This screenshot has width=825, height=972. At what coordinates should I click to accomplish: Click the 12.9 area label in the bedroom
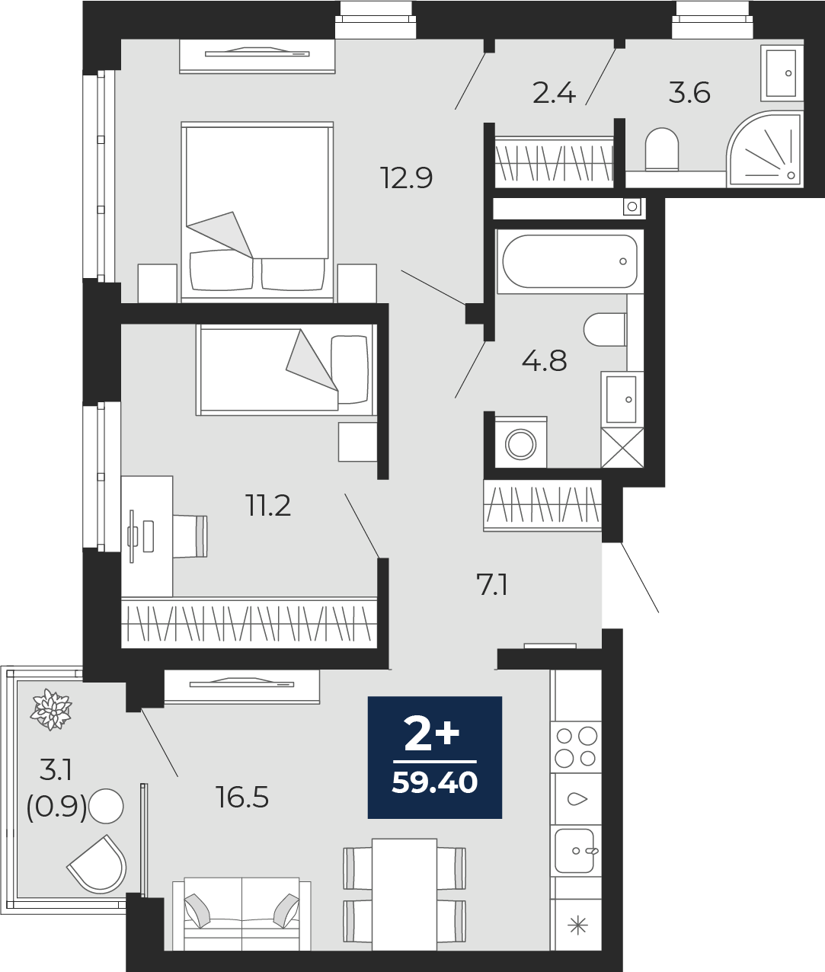coord(407,178)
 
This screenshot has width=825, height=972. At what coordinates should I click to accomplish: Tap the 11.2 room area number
coord(268,506)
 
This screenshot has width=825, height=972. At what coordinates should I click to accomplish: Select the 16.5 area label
coord(243,798)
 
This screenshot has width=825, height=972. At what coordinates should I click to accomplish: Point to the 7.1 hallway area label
coord(492,586)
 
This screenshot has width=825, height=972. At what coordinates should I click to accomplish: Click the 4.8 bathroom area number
coord(544,361)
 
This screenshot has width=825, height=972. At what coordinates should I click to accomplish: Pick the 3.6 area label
coord(689,93)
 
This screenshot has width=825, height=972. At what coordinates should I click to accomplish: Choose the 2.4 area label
coord(554,93)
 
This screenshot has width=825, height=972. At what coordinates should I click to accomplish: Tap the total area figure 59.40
coord(435,783)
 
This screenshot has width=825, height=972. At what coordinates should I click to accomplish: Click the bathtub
coord(570,261)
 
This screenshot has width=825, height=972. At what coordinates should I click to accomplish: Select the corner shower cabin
coord(764,149)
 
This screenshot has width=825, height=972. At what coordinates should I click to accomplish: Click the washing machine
coord(521,443)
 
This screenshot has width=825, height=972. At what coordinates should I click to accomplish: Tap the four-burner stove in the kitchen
coord(576,747)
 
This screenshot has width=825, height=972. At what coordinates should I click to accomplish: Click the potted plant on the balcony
coord(51,710)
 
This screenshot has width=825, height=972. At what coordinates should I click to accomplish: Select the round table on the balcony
coord(106,806)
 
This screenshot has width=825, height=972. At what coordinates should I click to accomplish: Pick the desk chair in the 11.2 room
coord(190,536)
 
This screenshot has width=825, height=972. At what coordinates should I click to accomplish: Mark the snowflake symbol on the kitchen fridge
coord(578,926)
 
